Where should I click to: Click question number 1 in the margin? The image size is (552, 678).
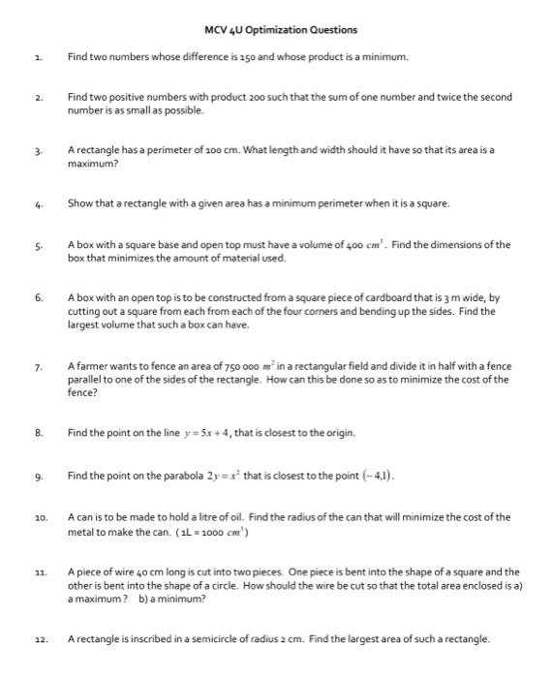click(x=36, y=57)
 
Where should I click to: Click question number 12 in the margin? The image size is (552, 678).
click(x=37, y=639)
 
